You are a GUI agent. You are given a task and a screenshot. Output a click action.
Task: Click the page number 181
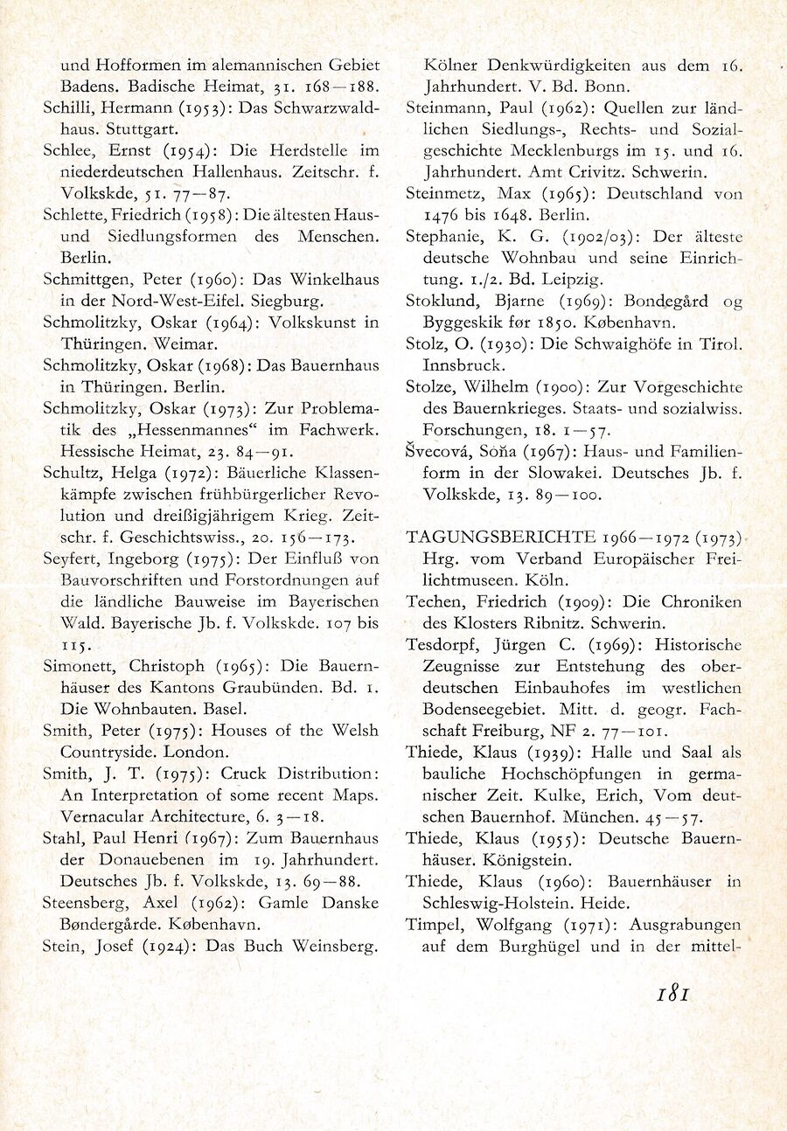click(x=673, y=994)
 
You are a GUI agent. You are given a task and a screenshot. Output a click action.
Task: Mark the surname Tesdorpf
click(x=441, y=645)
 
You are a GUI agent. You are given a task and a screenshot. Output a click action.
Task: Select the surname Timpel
click(x=434, y=925)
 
